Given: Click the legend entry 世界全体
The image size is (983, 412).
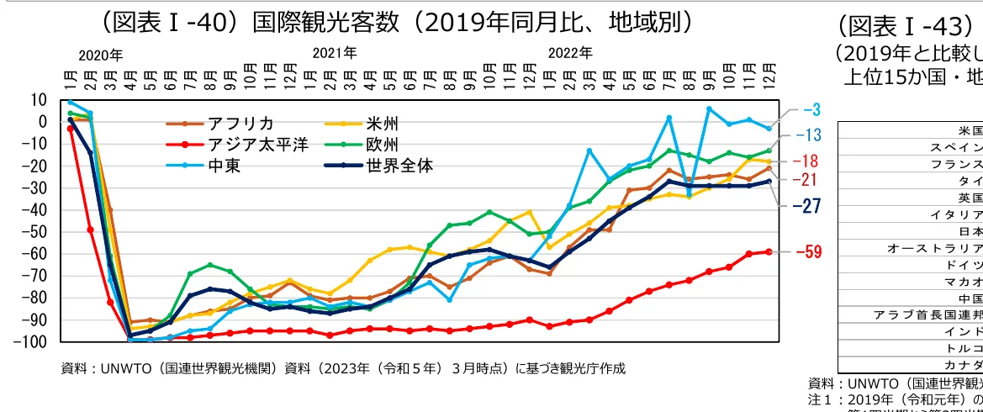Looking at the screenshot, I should coord(399,165).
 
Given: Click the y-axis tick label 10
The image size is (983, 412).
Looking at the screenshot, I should coord(39,100).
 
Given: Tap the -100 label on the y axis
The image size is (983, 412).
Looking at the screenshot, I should coord(32,341).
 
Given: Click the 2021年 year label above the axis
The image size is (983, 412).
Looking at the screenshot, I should coord(336,53).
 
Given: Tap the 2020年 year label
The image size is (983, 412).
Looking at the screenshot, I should coord(100,55).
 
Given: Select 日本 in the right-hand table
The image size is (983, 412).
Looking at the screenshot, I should coord(970,230).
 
